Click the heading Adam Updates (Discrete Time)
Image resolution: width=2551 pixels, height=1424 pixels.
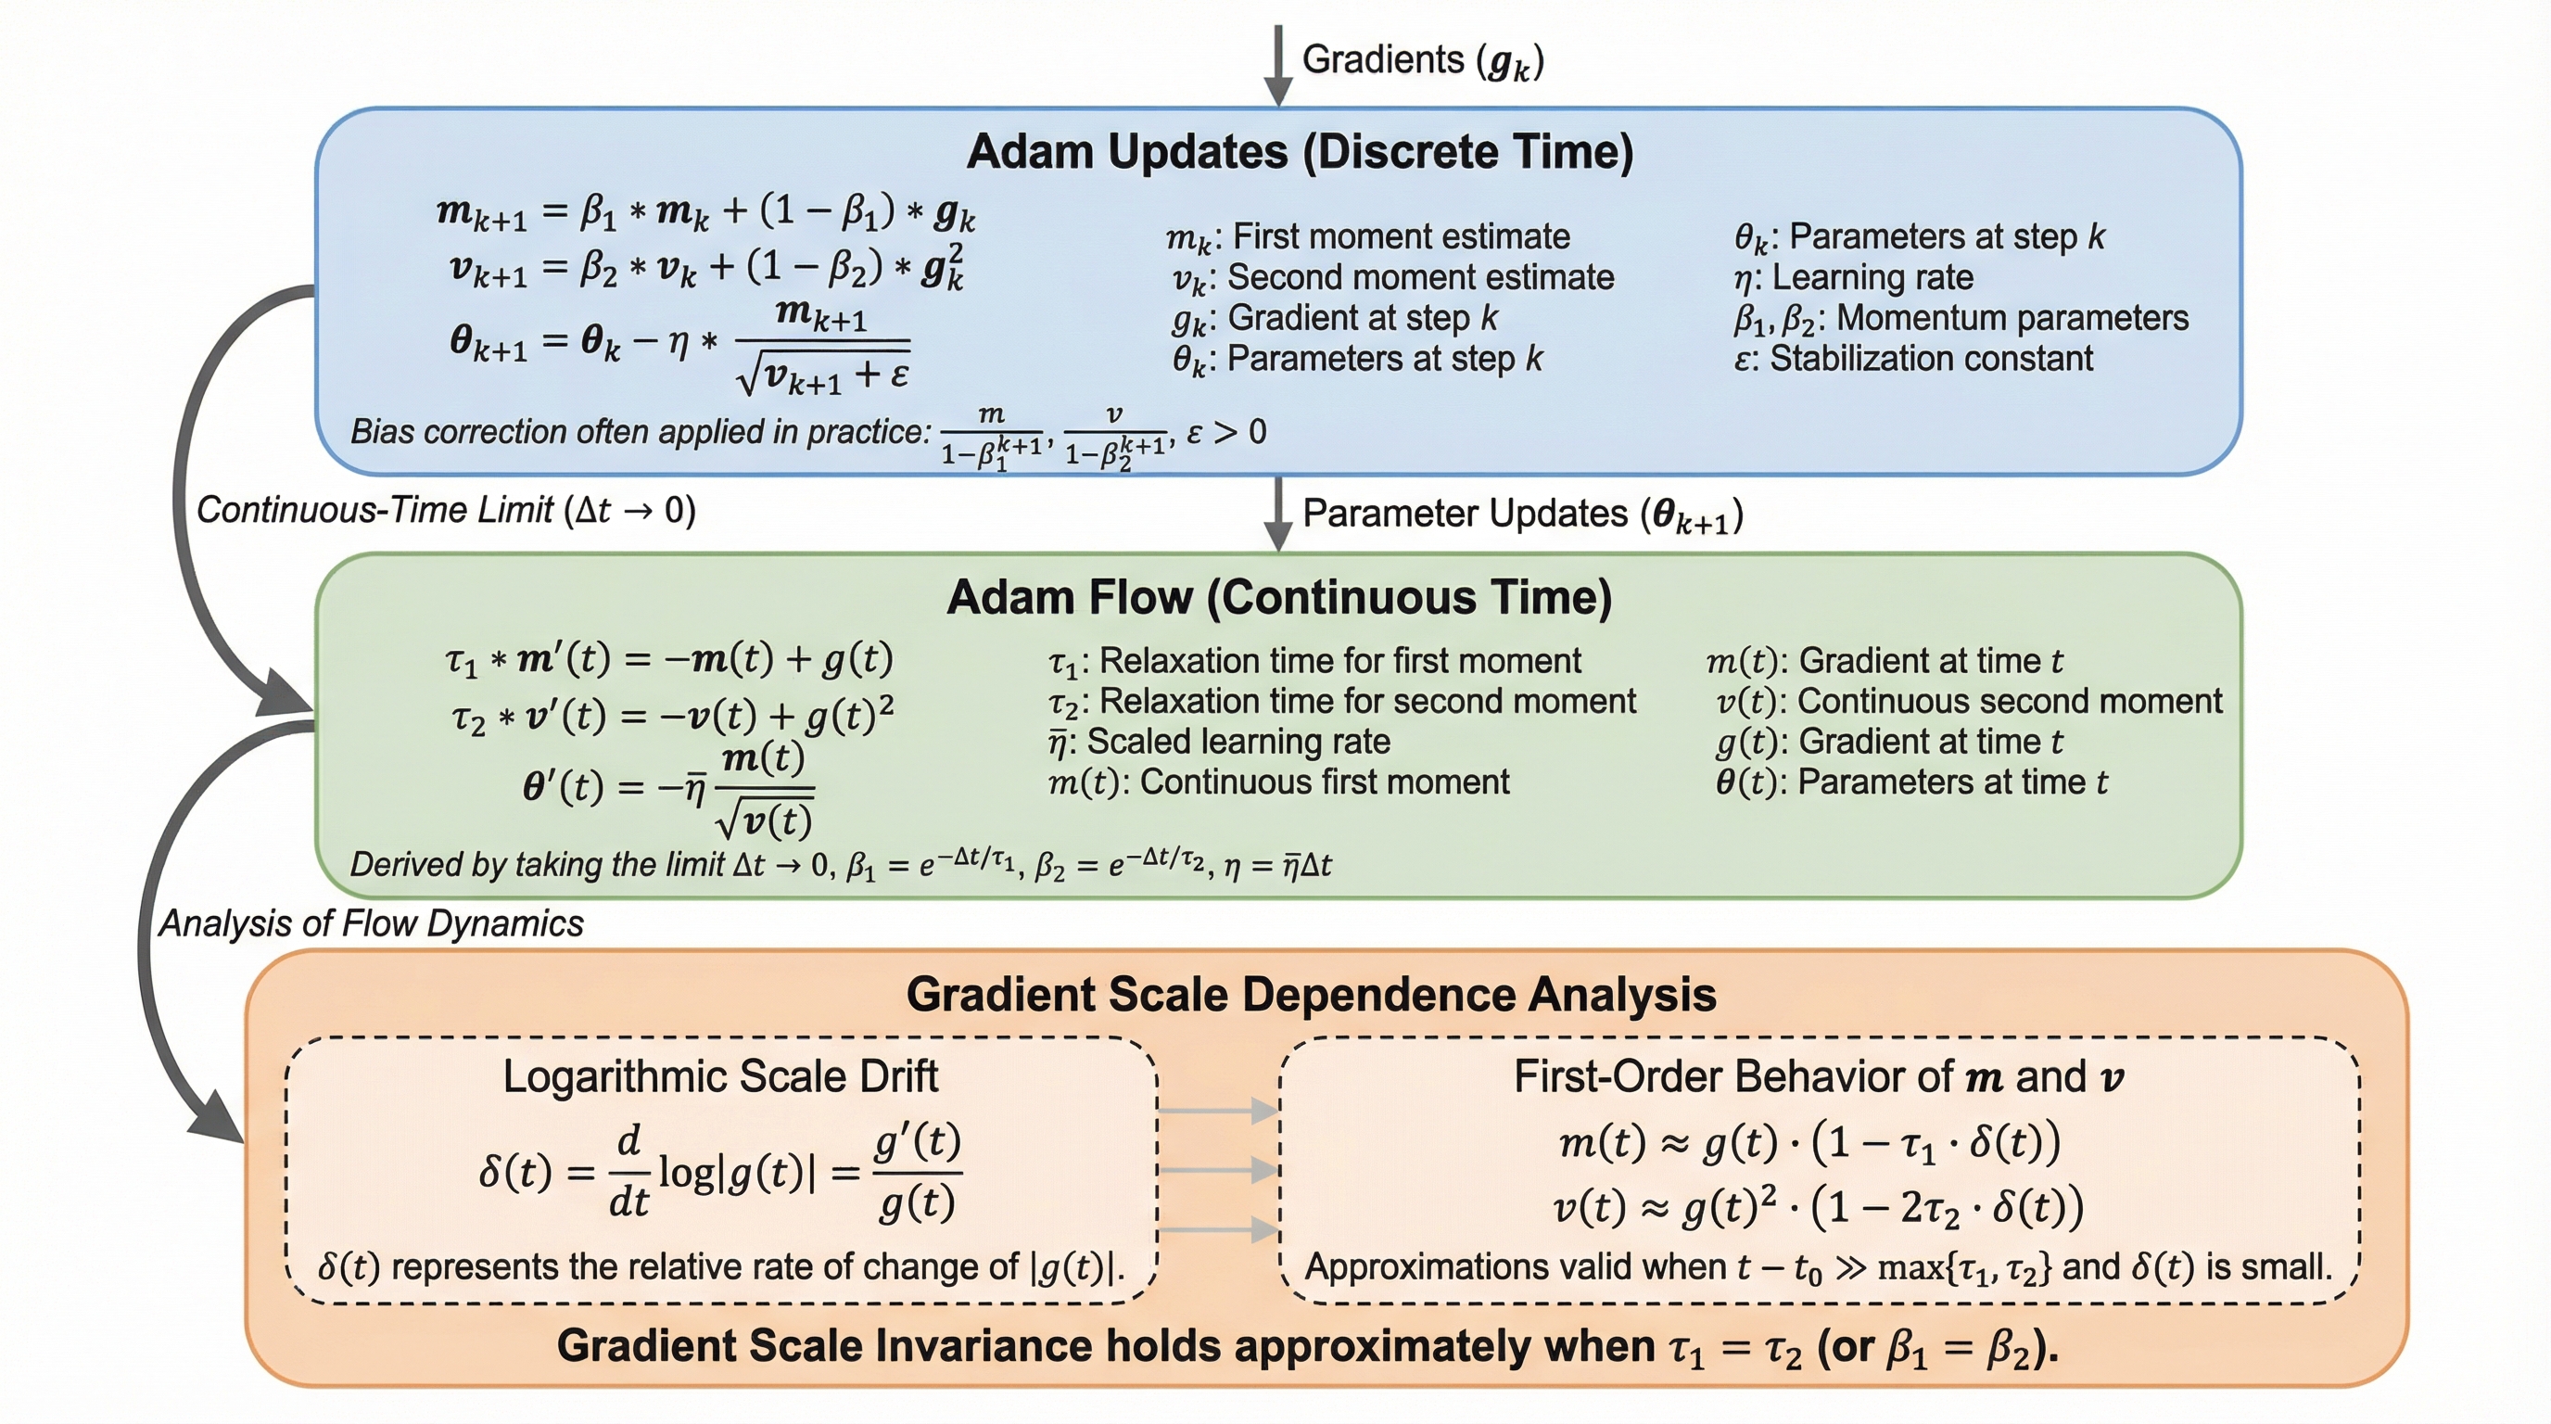coord(1300,152)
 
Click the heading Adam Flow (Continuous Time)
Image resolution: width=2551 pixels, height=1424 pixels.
coord(1278,598)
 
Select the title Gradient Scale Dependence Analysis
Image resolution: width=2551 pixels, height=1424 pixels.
coord(1310,995)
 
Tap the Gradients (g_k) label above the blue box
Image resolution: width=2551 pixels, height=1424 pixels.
coord(1422,60)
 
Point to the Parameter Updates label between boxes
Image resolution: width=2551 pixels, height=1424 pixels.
coord(1522,515)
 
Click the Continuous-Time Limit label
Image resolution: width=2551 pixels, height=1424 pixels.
coord(446,510)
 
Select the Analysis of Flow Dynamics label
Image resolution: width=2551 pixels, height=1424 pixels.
coord(372,924)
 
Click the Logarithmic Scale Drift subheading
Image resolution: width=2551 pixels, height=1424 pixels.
coord(720,1077)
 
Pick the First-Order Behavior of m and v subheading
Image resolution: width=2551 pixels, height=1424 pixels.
coord(1818,1077)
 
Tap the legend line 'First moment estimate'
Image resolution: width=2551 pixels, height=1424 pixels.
coord(1367,236)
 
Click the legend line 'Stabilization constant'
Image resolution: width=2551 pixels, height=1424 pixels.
coord(1913,359)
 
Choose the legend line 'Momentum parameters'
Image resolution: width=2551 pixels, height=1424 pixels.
coord(1961,318)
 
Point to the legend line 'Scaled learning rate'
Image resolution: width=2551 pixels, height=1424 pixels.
coord(1219,742)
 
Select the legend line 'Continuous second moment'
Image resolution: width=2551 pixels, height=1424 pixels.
coord(1969,701)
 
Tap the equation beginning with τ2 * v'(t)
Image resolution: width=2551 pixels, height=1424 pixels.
coord(672,716)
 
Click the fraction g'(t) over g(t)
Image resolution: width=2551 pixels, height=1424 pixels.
coord(917,1174)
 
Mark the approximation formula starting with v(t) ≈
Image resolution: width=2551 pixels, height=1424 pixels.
coord(1818,1207)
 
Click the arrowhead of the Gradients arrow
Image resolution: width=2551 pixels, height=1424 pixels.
coord(1278,92)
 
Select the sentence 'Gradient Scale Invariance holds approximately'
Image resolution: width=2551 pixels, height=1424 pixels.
coord(1307,1347)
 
